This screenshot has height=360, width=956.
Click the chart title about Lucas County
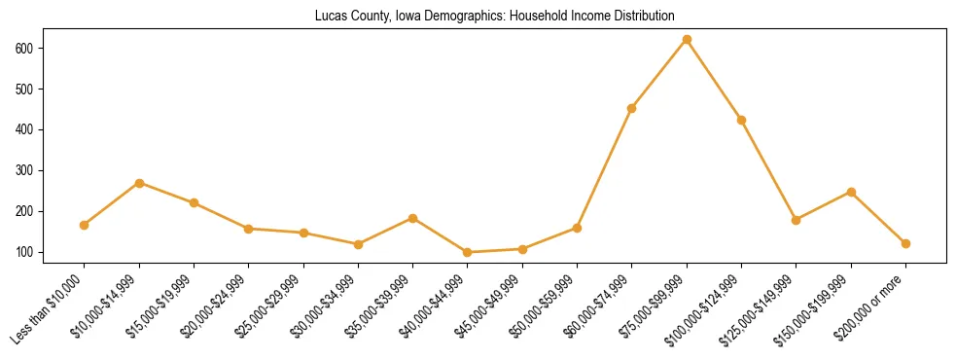point(494,16)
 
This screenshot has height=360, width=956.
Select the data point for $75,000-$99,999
point(687,40)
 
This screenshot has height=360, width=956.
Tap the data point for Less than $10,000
point(85,225)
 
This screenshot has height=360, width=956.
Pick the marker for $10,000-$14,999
point(139,183)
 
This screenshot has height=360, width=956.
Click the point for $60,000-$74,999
point(632,108)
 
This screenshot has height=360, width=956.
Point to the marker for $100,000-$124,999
point(742,120)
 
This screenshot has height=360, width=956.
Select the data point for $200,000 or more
point(906,243)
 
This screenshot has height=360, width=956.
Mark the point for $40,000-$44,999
point(468,252)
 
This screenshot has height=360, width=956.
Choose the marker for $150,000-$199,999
point(851,192)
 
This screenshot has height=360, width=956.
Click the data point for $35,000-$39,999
point(413,218)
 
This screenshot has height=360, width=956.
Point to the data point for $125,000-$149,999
point(797,220)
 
